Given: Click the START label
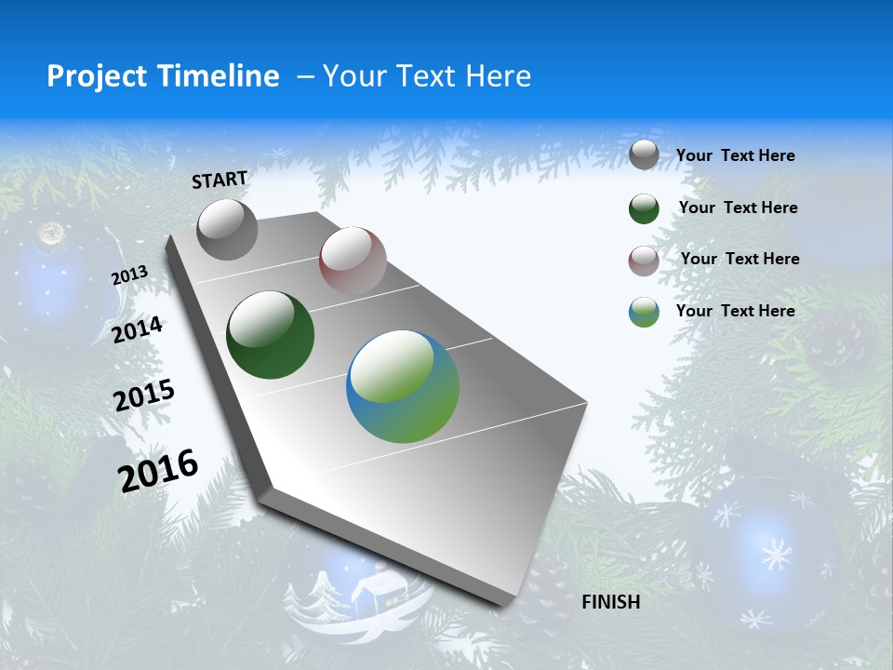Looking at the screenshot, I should click(x=220, y=180).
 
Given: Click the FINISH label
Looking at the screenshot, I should click(x=610, y=602).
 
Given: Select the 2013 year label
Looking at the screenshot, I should click(x=129, y=275).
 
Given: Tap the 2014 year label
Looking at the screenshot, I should click(x=137, y=329).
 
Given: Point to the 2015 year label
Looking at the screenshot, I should click(x=143, y=395).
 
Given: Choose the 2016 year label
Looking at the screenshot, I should click(x=158, y=470).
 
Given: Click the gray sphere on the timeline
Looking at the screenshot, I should click(x=228, y=229).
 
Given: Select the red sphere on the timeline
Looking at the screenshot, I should click(x=353, y=260).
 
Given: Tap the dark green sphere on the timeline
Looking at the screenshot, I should click(x=270, y=335).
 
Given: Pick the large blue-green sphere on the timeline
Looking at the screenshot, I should click(x=403, y=386).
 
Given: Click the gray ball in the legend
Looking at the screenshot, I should click(x=644, y=155).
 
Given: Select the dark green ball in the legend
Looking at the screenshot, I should click(x=644, y=208).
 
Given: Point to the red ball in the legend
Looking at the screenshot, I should click(x=644, y=261).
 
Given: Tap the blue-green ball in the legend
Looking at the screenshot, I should click(x=644, y=312).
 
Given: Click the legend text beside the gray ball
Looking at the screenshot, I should click(x=735, y=156).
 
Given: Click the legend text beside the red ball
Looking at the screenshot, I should click(x=740, y=259).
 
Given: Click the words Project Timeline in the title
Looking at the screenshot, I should click(x=163, y=76).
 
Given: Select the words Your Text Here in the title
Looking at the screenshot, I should click(x=426, y=76).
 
